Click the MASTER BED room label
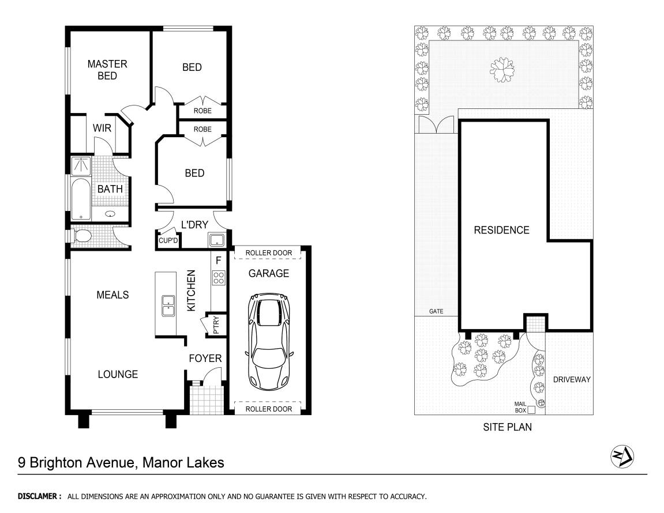click(x=107, y=70)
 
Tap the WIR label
click(x=102, y=128)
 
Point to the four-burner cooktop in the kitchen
click(x=219, y=278)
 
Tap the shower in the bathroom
click(x=82, y=166)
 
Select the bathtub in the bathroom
click(x=82, y=198)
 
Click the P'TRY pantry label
click(x=216, y=327)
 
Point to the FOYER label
click(x=205, y=359)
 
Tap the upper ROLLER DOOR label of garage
click(x=268, y=253)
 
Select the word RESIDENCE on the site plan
click(x=501, y=230)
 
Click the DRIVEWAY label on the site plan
click(x=572, y=380)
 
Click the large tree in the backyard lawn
click(x=502, y=70)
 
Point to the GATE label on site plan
click(x=436, y=311)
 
